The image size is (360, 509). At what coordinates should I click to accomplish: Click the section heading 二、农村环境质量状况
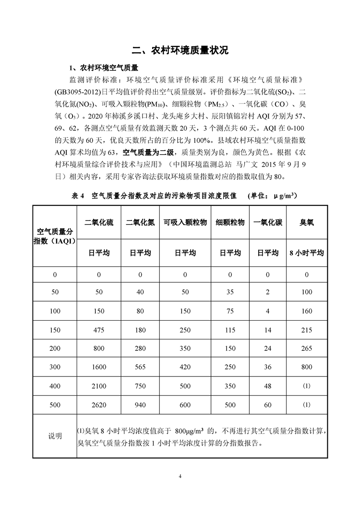tap(180, 50)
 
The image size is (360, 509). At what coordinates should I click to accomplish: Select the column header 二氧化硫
tap(99, 222)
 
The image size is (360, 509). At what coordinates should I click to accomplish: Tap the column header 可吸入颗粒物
tap(185, 222)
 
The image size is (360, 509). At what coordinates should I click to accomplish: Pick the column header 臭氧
tap(307, 222)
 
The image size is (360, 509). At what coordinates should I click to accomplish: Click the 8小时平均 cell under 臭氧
tap(307, 253)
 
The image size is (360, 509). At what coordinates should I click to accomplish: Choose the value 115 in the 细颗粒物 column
tap(230, 329)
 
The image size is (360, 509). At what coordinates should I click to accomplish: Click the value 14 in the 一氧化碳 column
tap(268, 329)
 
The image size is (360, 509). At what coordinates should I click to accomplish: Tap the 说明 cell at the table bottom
tap(55, 436)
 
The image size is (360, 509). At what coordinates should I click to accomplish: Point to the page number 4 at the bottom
tap(180, 476)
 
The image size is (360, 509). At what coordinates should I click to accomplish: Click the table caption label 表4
tap(78, 196)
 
